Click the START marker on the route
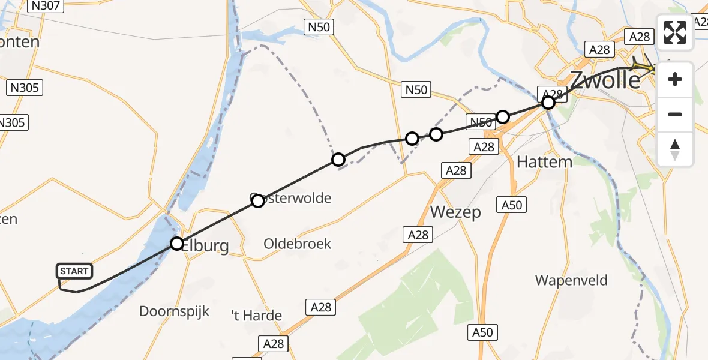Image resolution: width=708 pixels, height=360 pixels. pos(74,271)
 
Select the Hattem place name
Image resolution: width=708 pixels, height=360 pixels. pos(544,162)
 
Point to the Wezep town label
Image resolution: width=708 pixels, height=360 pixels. pos(455,212)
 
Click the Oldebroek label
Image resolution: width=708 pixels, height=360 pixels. pos(297,244)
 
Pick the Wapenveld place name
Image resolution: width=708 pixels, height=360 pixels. pos(571,280)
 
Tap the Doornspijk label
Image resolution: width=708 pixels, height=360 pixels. pos(174,311)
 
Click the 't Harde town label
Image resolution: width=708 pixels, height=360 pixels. pos(257,315)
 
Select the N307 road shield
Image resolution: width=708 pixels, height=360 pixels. pos(46,5)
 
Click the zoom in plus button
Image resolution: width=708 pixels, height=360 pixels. pos(675,79)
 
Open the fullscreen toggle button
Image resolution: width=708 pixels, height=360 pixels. pos(675,32)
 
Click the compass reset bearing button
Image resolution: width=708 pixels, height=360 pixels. pos(675,149)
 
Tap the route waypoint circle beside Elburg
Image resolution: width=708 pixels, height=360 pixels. pos(176,243)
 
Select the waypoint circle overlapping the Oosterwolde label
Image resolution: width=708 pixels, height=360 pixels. pos(257,201)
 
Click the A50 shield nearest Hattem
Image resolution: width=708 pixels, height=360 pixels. pos(512,205)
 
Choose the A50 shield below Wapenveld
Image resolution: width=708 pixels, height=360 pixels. pos(483,332)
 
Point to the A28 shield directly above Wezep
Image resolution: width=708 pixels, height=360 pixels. pos(455,170)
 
